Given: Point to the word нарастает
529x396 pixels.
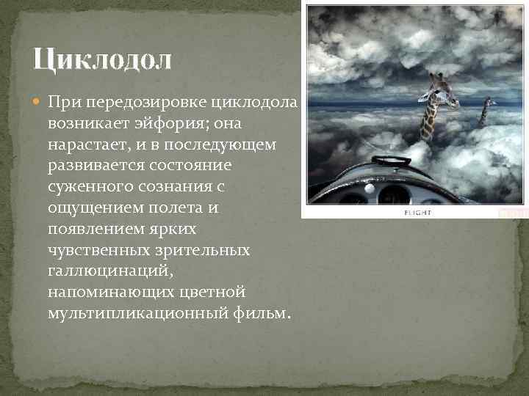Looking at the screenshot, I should pos(84,145).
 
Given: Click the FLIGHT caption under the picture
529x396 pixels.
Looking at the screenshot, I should pos(418,213).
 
